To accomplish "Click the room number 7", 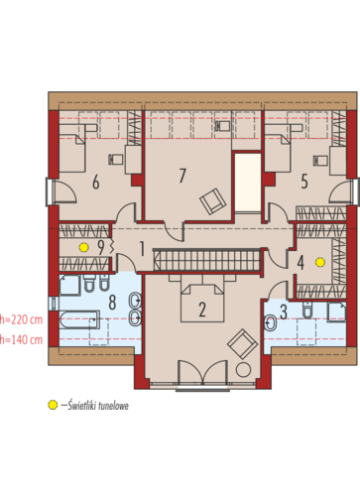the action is (x=182, y=176).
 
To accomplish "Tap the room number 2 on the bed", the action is (x=202, y=310).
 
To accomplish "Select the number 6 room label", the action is (x=96, y=183).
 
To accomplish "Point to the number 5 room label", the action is (x=304, y=182).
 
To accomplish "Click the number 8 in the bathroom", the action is (x=112, y=303).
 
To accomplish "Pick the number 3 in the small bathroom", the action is (x=284, y=313).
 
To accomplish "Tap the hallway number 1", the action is (x=142, y=249).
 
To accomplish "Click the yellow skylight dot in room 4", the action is (x=320, y=262).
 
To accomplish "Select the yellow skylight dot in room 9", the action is (x=83, y=247).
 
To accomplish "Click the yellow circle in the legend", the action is (x=53, y=405).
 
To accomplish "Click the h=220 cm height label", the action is (x=21, y=319).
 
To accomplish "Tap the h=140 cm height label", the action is (x=21, y=339).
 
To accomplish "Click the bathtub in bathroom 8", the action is (x=79, y=319).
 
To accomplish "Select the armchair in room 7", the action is (x=213, y=201).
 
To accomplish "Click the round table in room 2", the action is (x=244, y=370).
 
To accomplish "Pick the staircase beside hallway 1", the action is (x=207, y=260).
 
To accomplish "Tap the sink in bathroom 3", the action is (x=271, y=323).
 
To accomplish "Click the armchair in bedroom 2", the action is (x=242, y=343).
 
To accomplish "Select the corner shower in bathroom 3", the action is (x=336, y=312).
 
